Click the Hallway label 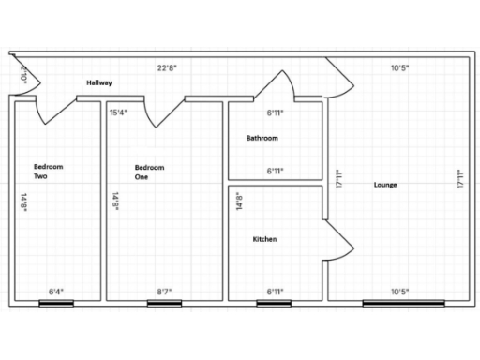pos(99,82)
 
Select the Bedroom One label pos(149,172)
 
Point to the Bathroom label pos(262,138)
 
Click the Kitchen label pos(264,239)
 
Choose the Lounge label pos(384,185)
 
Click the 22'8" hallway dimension pos(168,67)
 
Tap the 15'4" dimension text pos(119,112)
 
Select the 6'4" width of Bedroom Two pos(56,292)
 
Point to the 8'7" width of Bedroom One pos(163,292)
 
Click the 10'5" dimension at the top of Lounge pos(399,67)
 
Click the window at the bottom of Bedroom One pos(164,302)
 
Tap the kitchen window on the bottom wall pos(275,302)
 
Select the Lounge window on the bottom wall pos(398,302)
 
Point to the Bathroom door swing pos(285,86)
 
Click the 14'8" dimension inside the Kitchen pos(238,202)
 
